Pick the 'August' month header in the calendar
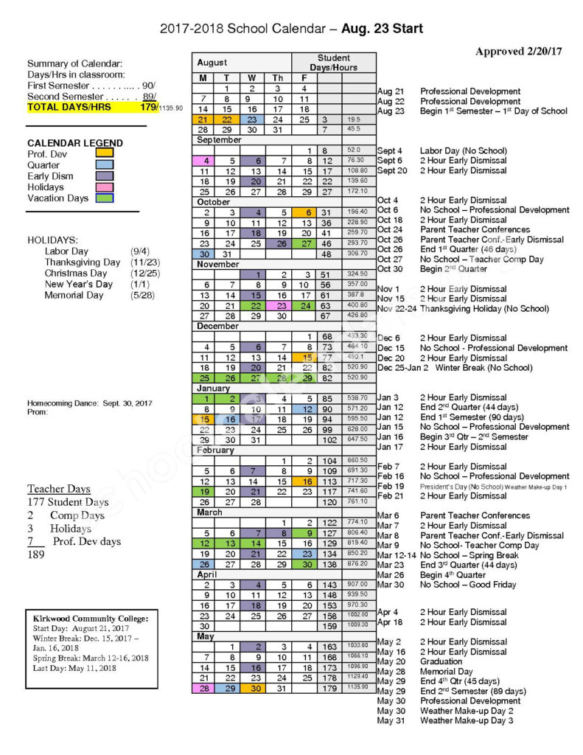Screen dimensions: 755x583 [x=212, y=63]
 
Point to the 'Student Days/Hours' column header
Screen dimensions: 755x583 [x=333, y=63]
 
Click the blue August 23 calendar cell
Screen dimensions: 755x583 [x=252, y=119]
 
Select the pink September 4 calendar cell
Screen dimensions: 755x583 [x=203, y=161]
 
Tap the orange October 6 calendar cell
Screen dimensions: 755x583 [x=303, y=212]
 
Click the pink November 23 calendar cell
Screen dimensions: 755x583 [x=278, y=305]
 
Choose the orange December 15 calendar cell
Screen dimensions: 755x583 [x=303, y=357]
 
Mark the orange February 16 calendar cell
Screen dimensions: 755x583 [x=303, y=481]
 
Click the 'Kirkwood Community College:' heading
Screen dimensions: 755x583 [x=91, y=618]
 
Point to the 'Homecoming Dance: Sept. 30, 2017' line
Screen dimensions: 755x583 [x=90, y=403]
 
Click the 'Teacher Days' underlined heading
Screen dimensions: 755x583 [x=59, y=489]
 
